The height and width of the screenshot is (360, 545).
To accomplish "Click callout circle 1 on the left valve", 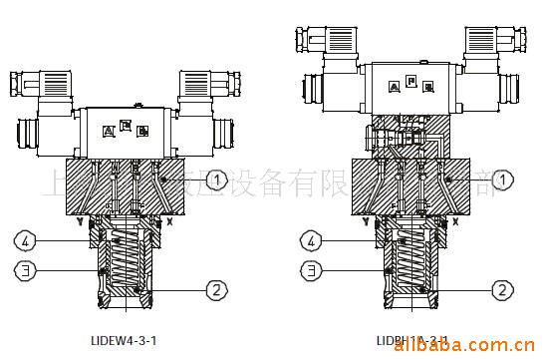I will [218, 180].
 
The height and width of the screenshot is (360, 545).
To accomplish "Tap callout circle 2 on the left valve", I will [212, 291].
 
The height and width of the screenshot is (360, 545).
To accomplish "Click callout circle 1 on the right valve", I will [505, 180].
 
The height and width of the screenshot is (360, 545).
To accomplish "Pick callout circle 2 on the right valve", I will [503, 290].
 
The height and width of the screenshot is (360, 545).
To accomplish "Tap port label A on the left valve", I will [109, 131].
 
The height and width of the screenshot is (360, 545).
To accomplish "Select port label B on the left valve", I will [142, 131].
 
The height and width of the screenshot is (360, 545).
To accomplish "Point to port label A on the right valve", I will [395, 87].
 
